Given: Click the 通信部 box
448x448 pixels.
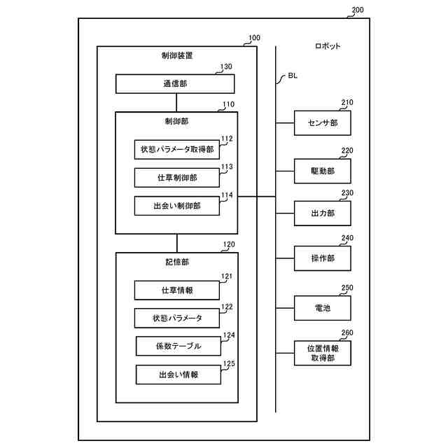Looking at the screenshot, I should [x=176, y=84].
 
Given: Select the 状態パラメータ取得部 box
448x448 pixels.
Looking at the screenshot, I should [x=177, y=149].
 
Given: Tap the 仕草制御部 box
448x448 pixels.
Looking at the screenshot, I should [x=177, y=178].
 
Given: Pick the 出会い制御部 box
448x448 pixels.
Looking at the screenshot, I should [x=177, y=206].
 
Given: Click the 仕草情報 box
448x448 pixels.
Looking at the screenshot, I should [x=177, y=290].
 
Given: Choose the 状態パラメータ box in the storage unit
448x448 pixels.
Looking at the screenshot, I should [x=177, y=318].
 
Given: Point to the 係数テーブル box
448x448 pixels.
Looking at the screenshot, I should [x=178, y=346].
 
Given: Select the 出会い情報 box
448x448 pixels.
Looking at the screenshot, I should [x=178, y=374].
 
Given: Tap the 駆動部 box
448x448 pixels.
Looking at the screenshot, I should [x=323, y=171].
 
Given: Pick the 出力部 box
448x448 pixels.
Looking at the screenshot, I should [x=323, y=213].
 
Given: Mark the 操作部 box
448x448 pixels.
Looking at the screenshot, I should [x=323, y=258].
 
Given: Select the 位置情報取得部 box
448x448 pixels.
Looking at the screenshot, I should [x=323, y=353].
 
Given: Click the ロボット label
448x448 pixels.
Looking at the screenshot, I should [x=328, y=46].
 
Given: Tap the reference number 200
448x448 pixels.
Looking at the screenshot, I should [x=357, y=10].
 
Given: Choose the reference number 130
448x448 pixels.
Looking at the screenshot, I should [x=226, y=67].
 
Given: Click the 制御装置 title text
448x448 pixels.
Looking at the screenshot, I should [x=176, y=55].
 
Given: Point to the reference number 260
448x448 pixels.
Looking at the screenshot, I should [x=347, y=333].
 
